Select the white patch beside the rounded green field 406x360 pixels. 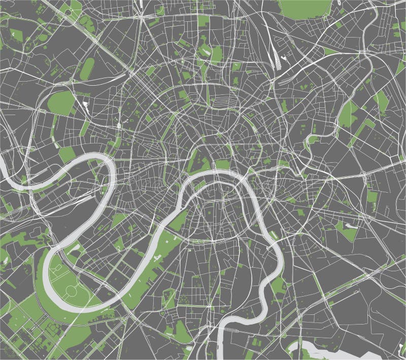[85, 107]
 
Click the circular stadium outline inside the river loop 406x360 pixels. [72, 291]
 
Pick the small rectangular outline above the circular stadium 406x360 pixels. [57, 267]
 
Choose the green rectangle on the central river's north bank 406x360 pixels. [223, 164]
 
